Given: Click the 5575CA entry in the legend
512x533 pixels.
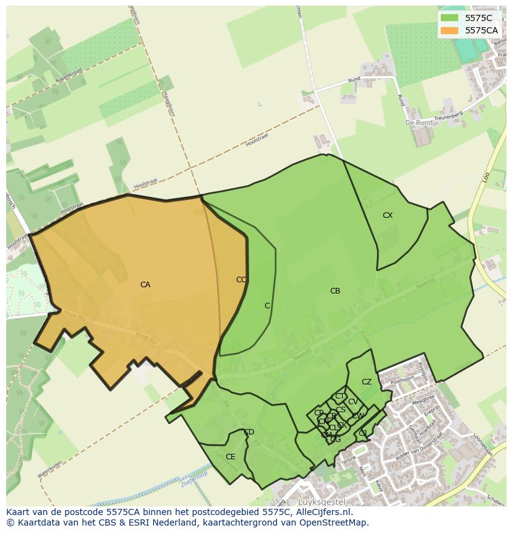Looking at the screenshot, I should [481, 30].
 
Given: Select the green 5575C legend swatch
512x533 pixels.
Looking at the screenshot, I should [450, 18].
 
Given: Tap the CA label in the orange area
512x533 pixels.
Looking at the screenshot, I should [145, 285].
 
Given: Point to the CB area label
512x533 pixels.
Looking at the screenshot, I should [335, 291].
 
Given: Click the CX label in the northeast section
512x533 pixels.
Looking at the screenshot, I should [388, 215].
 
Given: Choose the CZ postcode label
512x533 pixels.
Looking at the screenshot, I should [367, 382].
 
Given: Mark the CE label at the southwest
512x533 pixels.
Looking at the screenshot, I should [231, 457].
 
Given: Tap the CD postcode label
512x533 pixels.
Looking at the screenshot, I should [249, 432].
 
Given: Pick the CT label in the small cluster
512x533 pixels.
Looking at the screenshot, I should [340, 396].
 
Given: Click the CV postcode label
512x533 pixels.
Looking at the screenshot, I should [353, 402].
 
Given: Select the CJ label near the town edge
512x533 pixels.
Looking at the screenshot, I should [363, 433].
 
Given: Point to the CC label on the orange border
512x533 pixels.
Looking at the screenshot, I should [241, 280].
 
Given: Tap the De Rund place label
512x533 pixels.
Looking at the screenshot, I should [419, 123].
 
